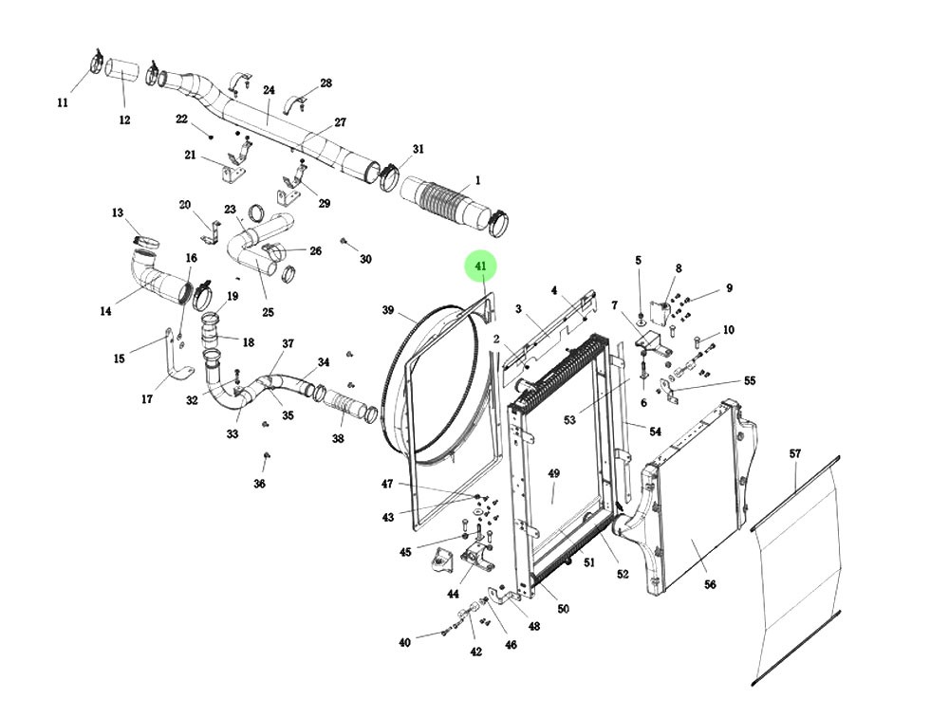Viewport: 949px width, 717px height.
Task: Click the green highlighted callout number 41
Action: (480, 267)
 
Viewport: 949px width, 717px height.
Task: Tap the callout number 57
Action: (795, 454)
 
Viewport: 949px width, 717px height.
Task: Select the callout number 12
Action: (124, 120)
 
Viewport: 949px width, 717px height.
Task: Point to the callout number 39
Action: (388, 311)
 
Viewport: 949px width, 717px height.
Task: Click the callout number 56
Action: (710, 585)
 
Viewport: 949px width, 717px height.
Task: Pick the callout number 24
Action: (269, 91)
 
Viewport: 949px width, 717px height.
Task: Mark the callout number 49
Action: (554, 473)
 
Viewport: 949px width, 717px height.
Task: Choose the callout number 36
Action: (260, 484)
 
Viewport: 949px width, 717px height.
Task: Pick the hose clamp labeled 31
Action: (388, 176)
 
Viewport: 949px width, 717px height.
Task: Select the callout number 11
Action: (64, 102)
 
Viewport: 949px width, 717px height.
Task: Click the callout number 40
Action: (405, 642)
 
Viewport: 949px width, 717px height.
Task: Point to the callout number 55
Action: (750, 380)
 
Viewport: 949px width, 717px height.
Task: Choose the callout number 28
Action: (326, 83)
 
